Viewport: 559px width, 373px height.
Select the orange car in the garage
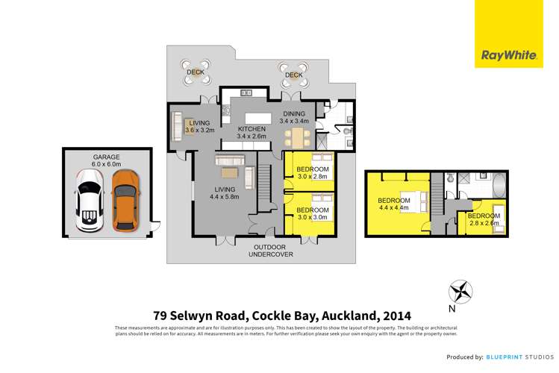click(125, 200)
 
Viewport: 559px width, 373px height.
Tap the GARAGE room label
click(106, 157)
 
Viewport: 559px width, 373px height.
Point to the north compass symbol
click(460, 291)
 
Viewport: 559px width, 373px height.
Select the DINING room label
click(293, 113)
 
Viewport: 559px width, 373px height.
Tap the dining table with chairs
click(297, 137)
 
